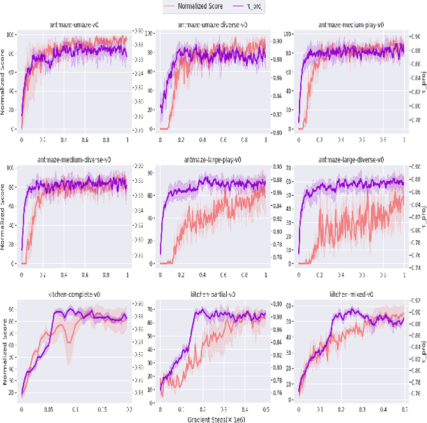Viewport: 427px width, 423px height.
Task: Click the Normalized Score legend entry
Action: point(199,6)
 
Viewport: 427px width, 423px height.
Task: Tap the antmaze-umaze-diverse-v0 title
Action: point(213,25)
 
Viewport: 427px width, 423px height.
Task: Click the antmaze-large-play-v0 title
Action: point(213,160)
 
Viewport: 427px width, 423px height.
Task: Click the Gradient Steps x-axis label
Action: point(213,418)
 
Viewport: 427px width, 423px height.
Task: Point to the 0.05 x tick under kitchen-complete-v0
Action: point(48,410)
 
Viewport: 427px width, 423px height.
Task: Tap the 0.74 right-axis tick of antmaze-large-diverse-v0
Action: point(414,264)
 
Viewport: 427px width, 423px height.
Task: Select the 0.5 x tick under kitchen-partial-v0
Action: point(266,410)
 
